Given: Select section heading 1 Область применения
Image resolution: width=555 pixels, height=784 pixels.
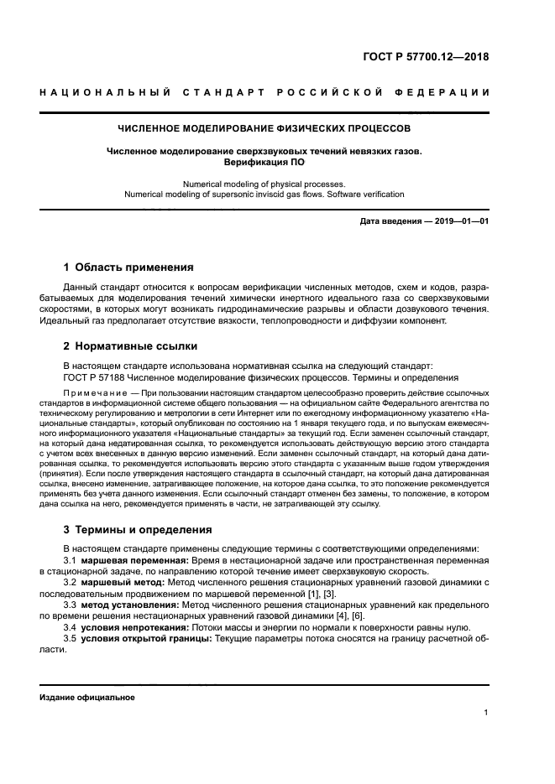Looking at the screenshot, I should click(x=128, y=267).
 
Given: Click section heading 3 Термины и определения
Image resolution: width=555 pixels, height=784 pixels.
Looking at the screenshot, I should click(x=139, y=530).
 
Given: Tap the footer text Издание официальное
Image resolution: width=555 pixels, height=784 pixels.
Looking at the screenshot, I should click(x=86, y=698).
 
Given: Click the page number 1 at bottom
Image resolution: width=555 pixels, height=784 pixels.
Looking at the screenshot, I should click(x=486, y=713).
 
